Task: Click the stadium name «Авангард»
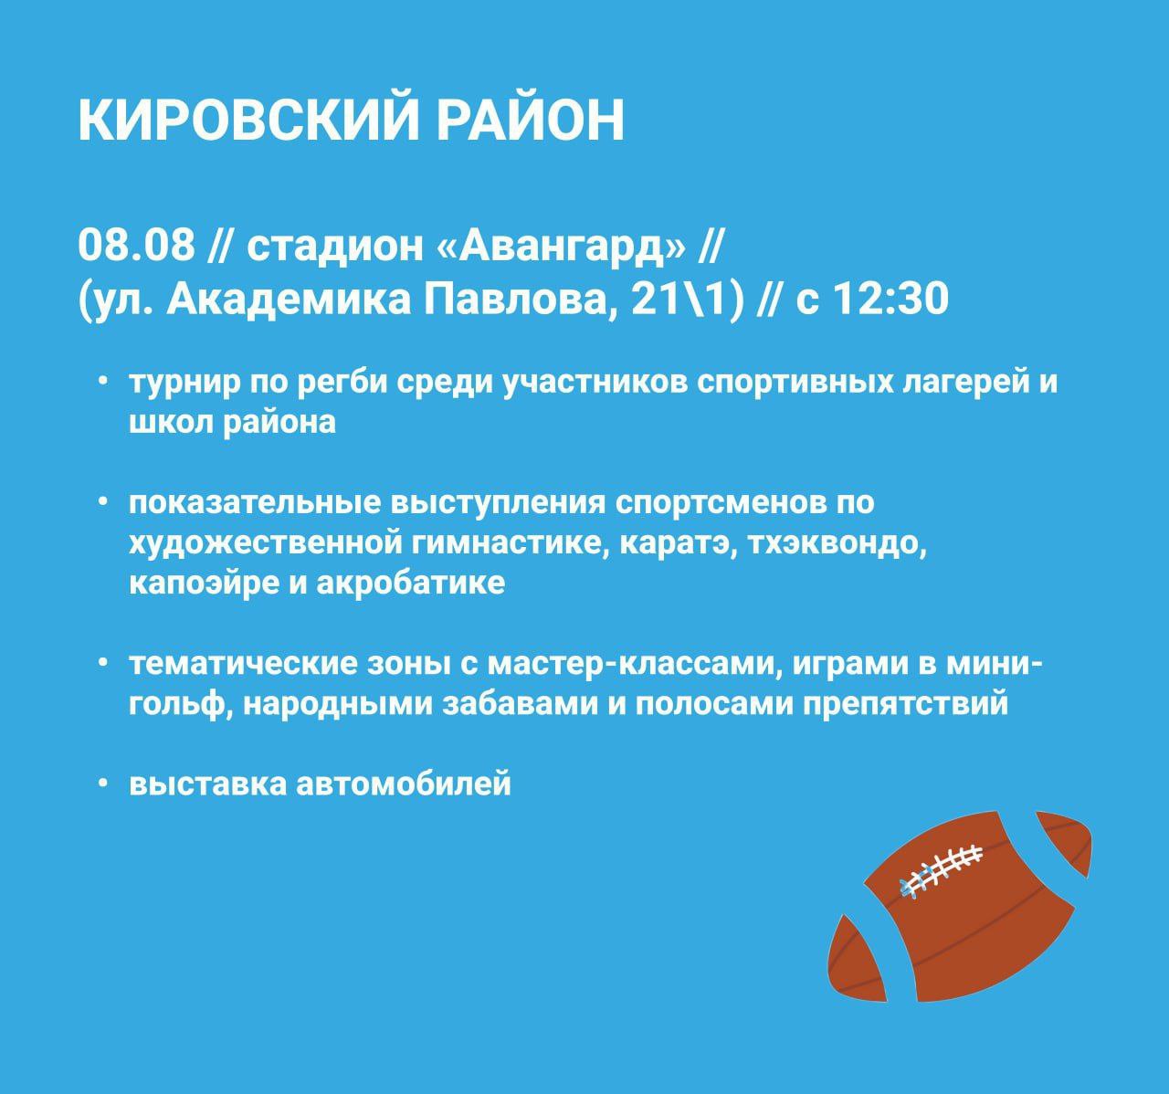563,246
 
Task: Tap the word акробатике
410,584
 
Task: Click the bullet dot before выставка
103,784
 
